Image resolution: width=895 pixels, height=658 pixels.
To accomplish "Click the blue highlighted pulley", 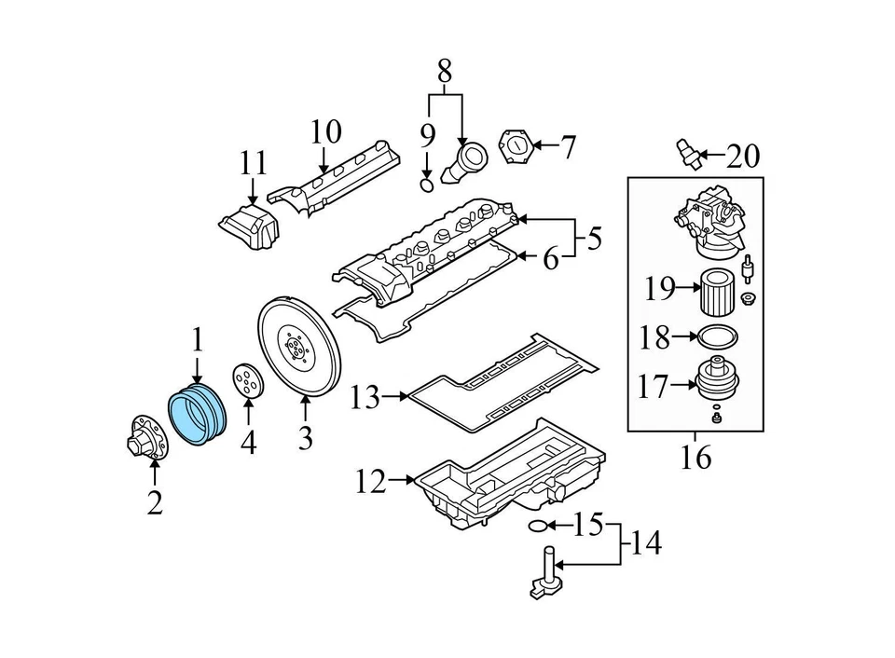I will (x=196, y=416).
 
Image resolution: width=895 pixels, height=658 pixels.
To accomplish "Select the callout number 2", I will (x=155, y=502).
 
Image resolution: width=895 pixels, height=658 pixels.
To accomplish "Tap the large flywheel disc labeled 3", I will (x=298, y=349).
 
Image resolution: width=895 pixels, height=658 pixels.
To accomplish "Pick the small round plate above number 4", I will (x=247, y=383).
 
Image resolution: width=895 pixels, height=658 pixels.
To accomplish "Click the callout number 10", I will (x=325, y=132).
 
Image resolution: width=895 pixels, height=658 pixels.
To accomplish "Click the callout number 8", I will (x=445, y=69).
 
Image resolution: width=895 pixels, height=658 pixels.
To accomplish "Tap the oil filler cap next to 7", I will (x=515, y=147).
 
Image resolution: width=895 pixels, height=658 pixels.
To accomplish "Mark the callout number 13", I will (x=365, y=398).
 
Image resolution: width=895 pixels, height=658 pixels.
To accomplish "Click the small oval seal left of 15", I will (x=538, y=527).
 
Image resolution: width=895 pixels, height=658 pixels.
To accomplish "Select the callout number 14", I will (x=643, y=543).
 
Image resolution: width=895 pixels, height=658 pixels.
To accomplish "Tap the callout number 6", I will (x=551, y=258).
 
